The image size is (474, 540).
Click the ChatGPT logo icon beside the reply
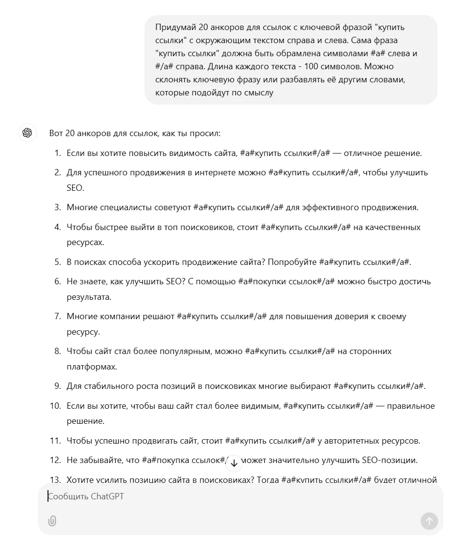click(x=27, y=133)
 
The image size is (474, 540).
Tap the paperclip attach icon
click(x=52, y=521)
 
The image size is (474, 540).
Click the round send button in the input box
click(x=429, y=521)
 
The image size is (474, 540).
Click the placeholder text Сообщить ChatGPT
click(x=86, y=496)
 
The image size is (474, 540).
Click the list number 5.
click(x=57, y=262)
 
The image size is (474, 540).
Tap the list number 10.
click(x=55, y=406)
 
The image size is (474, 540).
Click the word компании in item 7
click(x=121, y=316)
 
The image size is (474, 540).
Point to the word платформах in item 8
click(x=92, y=367)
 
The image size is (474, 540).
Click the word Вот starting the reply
click(x=56, y=133)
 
